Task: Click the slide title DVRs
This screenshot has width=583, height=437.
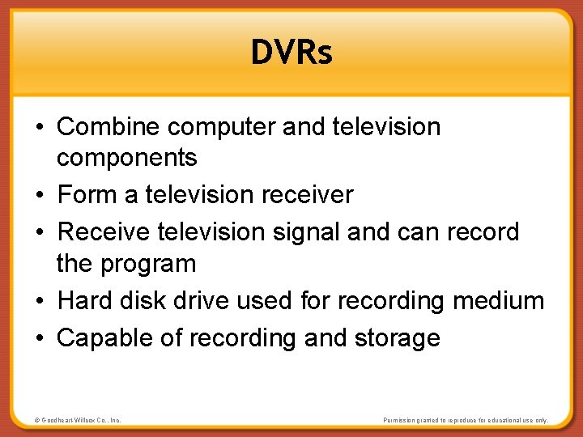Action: point(291,53)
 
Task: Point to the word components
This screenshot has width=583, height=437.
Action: point(126,159)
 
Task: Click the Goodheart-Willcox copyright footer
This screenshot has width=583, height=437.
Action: point(78,421)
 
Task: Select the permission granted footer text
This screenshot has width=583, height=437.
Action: point(465,421)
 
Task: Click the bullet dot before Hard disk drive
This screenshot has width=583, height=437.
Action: point(40,302)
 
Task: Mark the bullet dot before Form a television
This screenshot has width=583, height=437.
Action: point(40,196)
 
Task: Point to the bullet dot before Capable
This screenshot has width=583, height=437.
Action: point(40,338)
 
